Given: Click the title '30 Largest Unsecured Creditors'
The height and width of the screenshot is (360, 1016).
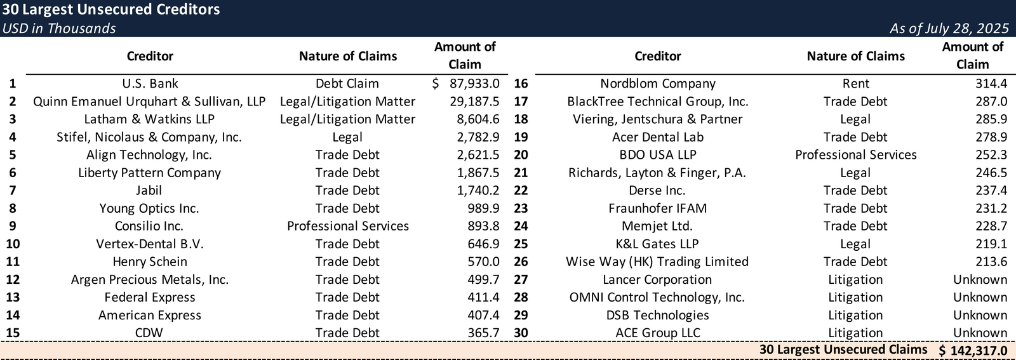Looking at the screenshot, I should point(111,10).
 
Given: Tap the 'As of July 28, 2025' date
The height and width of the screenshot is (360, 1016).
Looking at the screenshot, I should point(949,29).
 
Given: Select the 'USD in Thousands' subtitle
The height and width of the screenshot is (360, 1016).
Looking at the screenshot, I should point(59,29).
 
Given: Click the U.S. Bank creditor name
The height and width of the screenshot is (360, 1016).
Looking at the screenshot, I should point(150,84).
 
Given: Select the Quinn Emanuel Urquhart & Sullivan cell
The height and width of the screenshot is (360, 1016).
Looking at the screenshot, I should point(149,102).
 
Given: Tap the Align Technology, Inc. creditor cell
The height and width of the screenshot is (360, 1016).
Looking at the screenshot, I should point(149,155).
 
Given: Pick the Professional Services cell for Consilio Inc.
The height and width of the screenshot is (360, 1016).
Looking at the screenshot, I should point(347,226).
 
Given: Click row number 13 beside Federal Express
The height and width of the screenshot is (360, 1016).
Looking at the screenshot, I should point(13,297).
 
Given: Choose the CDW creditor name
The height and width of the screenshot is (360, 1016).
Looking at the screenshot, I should point(149,333).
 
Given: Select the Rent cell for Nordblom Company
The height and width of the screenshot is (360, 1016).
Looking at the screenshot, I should point(855,84).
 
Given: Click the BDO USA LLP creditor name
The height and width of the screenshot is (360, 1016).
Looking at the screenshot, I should point(657,155).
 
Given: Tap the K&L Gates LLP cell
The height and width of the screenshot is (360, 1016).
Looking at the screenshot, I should point(657,244).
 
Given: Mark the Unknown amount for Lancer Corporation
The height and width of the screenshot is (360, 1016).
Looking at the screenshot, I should point(980,279).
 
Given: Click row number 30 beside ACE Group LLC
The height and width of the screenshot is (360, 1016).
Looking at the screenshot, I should point(521,333).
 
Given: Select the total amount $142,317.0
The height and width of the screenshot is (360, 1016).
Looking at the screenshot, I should point(973,350).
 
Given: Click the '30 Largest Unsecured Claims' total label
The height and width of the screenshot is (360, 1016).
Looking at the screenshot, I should point(843,350).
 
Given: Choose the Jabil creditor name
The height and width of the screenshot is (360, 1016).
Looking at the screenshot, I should point(149,190).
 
